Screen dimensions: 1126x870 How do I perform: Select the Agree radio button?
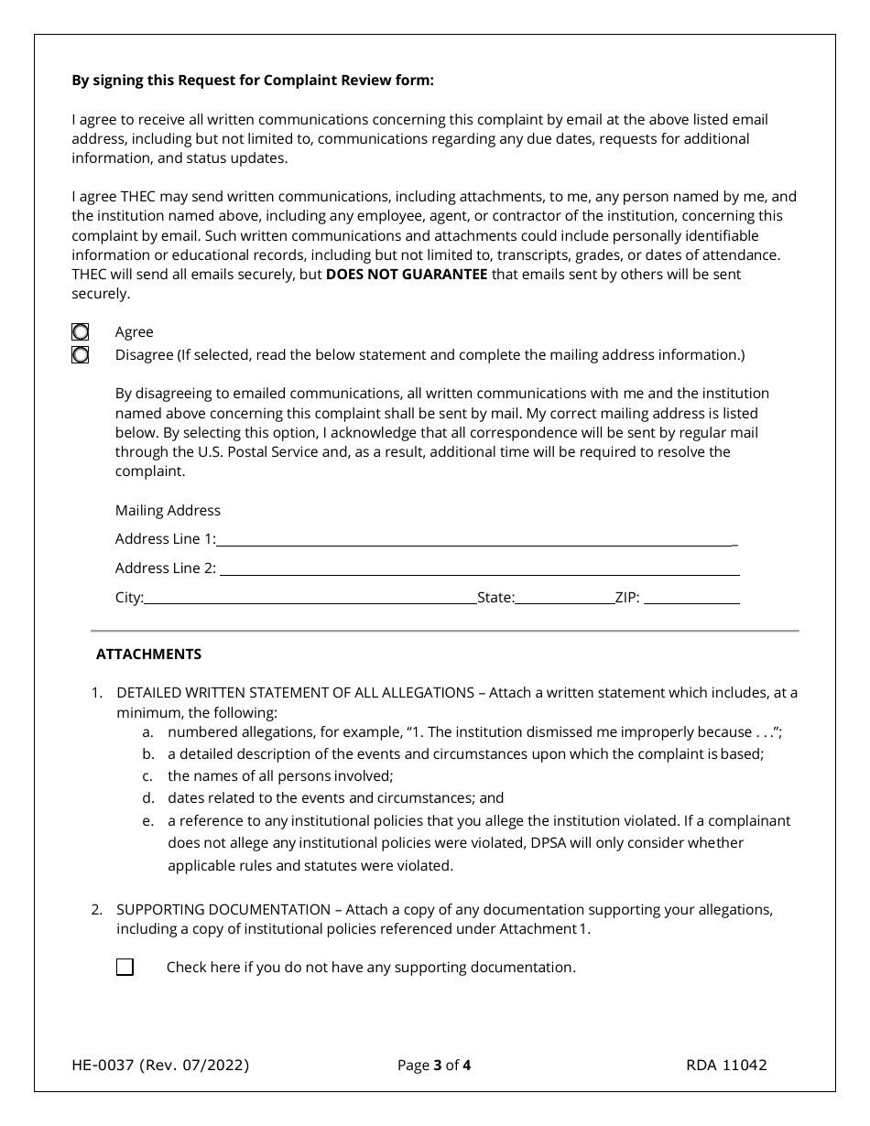point(81,332)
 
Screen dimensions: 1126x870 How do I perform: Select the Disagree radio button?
point(81,355)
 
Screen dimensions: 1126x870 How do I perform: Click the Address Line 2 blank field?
point(479,568)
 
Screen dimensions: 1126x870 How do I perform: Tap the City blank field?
point(310,598)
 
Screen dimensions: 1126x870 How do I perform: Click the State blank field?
point(564,598)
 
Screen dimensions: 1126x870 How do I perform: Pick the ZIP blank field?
point(692,598)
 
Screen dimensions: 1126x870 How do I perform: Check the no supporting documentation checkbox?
point(125,968)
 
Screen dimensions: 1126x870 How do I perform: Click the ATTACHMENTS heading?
point(148,655)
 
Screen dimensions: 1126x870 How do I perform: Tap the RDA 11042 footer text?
point(726,1065)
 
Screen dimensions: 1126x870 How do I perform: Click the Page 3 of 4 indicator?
point(434,1065)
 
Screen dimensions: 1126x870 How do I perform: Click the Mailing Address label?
point(168,511)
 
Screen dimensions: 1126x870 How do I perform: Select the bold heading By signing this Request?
point(253,81)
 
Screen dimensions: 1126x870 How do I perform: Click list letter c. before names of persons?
point(147,776)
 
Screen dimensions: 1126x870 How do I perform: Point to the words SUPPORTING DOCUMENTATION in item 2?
point(223,909)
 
